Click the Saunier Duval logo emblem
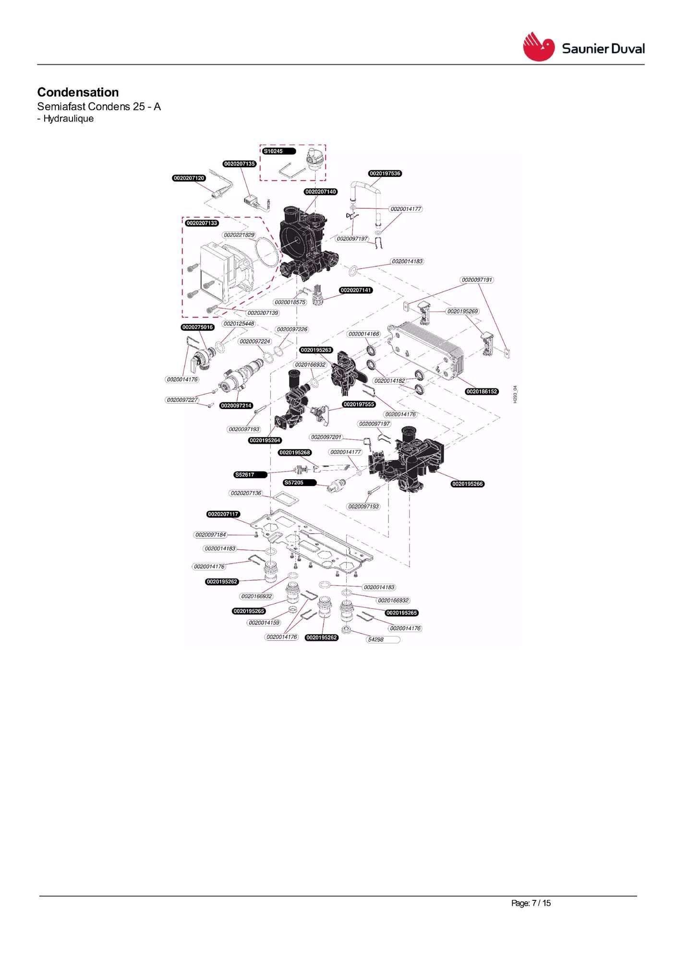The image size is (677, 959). click(538, 47)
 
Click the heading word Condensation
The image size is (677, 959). click(78, 92)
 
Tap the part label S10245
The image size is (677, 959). click(274, 151)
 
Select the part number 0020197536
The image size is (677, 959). click(385, 174)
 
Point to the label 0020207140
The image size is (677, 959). click(321, 192)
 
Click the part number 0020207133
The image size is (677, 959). click(202, 223)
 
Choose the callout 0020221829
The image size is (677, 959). click(239, 235)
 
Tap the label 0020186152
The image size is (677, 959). click(482, 392)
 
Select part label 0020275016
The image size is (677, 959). click(197, 327)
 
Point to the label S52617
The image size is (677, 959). click(245, 475)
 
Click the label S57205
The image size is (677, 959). click(294, 483)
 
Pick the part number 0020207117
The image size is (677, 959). click(223, 514)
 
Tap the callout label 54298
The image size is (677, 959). click(376, 640)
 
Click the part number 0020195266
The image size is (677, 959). click(468, 484)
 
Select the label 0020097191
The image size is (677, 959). click(477, 280)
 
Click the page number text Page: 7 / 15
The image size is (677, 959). click(531, 903)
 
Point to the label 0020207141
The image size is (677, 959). click(356, 290)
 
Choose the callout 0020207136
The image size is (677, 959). click(246, 493)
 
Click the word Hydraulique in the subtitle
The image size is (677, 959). click(69, 119)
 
